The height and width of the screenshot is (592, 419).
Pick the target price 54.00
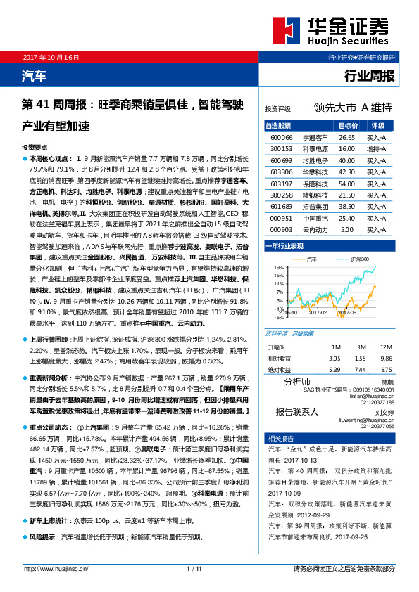[x=346, y=183]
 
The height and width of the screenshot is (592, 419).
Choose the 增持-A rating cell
[x=377, y=149]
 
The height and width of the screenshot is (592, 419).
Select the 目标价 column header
[x=346, y=126]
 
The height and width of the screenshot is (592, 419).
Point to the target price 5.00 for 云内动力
[x=346, y=229]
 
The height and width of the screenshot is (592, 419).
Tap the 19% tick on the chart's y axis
[x=279, y=267]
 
